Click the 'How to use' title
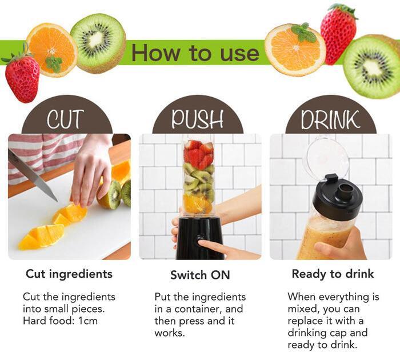point(195,53)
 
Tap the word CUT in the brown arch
point(65,119)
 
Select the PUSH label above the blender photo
point(197,119)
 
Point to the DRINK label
point(330,119)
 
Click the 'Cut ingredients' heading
point(69,274)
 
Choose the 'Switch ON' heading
point(200,275)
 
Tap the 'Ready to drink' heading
point(333,274)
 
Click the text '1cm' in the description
point(88,321)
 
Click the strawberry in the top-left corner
point(21,77)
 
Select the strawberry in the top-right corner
point(338,33)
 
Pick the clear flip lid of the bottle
point(328,156)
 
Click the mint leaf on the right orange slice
point(303,33)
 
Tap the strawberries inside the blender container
point(199,154)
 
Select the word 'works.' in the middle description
point(170,333)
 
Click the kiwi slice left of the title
point(98,43)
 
